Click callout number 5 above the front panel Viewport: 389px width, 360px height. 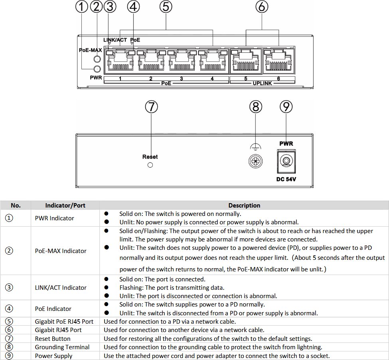166,7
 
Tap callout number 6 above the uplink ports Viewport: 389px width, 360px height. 262,7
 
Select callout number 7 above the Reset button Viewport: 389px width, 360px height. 151,107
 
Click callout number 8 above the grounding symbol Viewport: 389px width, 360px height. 255,107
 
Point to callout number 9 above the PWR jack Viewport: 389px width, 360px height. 286,107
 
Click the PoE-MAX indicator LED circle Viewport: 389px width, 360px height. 97,59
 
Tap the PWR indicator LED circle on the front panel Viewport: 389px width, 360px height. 97,69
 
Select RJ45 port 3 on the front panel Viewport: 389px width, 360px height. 182,60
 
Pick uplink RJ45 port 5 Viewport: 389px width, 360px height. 246,60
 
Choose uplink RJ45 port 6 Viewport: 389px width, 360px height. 278,60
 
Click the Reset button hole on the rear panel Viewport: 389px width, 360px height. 150,165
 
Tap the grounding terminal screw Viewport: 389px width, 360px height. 255,161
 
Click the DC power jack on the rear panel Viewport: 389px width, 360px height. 286,161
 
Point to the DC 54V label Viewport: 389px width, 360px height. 286,179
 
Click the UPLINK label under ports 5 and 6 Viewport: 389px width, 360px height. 262,83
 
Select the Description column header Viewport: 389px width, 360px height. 244,206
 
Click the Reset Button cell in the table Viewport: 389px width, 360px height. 53,339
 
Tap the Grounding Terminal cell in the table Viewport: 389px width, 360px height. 62,347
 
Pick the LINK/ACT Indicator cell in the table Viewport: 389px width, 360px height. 61,287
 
